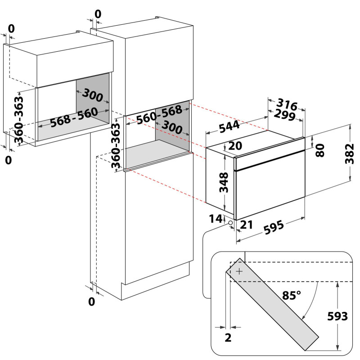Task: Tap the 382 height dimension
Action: pyautogui.click(x=352, y=154)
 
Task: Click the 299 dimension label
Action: pyautogui.click(x=284, y=116)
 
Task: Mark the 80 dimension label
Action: pyautogui.click(x=320, y=150)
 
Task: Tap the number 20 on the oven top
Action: pyautogui.click(x=234, y=146)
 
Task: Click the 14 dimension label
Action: pyautogui.click(x=216, y=219)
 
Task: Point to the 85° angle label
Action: pyautogui.click(x=291, y=295)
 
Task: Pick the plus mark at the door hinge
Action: pyautogui.click(x=239, y=271)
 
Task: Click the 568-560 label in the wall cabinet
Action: pyautogui.click(x=74, y=117)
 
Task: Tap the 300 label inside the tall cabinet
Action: pyautogui.click(x=172, y=127)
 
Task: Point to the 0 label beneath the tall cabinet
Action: pyautogui.click(x=92, y=301)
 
